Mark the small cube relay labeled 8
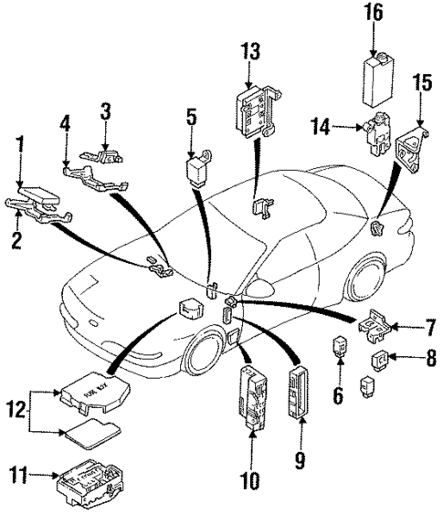377,361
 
